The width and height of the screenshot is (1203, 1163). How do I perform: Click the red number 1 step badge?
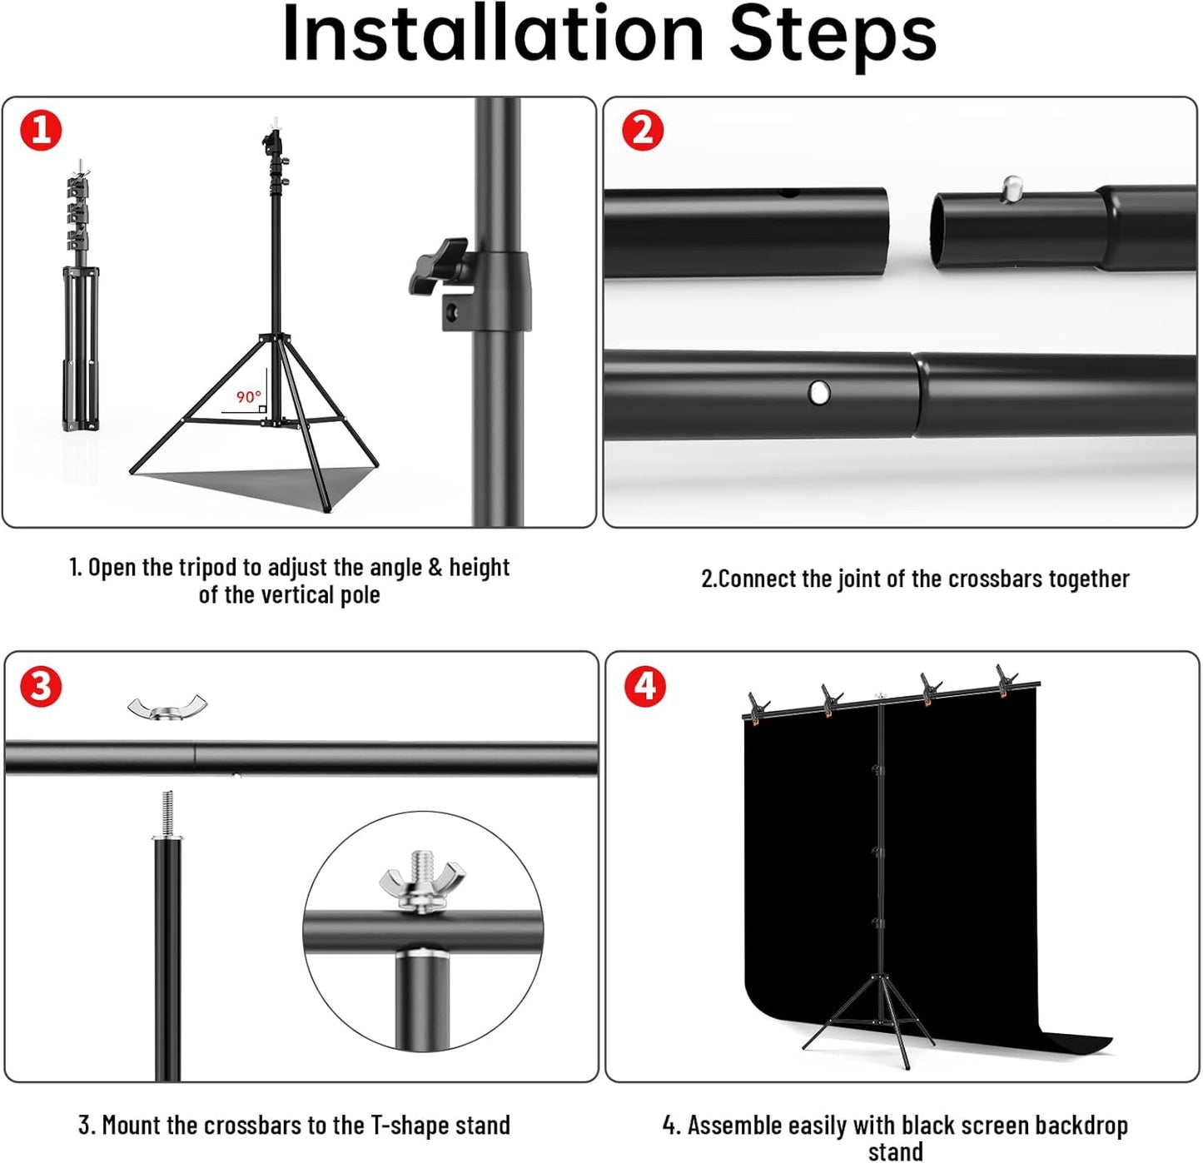pos(41,131)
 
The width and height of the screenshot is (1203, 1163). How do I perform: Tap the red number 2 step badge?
pos(643,131)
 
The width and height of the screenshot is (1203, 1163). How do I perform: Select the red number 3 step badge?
pos(41,687)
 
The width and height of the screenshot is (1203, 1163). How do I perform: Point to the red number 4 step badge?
pos(644,687)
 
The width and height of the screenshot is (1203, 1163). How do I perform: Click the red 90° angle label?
pos(248,397)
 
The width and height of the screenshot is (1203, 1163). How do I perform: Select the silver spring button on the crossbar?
pos(1012,188)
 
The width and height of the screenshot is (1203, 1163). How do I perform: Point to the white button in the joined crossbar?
pos(819,391)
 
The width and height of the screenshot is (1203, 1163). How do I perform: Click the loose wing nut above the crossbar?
pos(167,708)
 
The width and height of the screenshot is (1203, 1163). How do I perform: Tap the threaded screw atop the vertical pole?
pos(167,814)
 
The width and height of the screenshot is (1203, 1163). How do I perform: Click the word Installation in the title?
pos(493,35)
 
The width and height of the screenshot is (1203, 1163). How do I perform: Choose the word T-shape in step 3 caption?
pos(409,1126)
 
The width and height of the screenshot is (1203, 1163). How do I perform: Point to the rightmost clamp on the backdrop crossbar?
pos(1007,680)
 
